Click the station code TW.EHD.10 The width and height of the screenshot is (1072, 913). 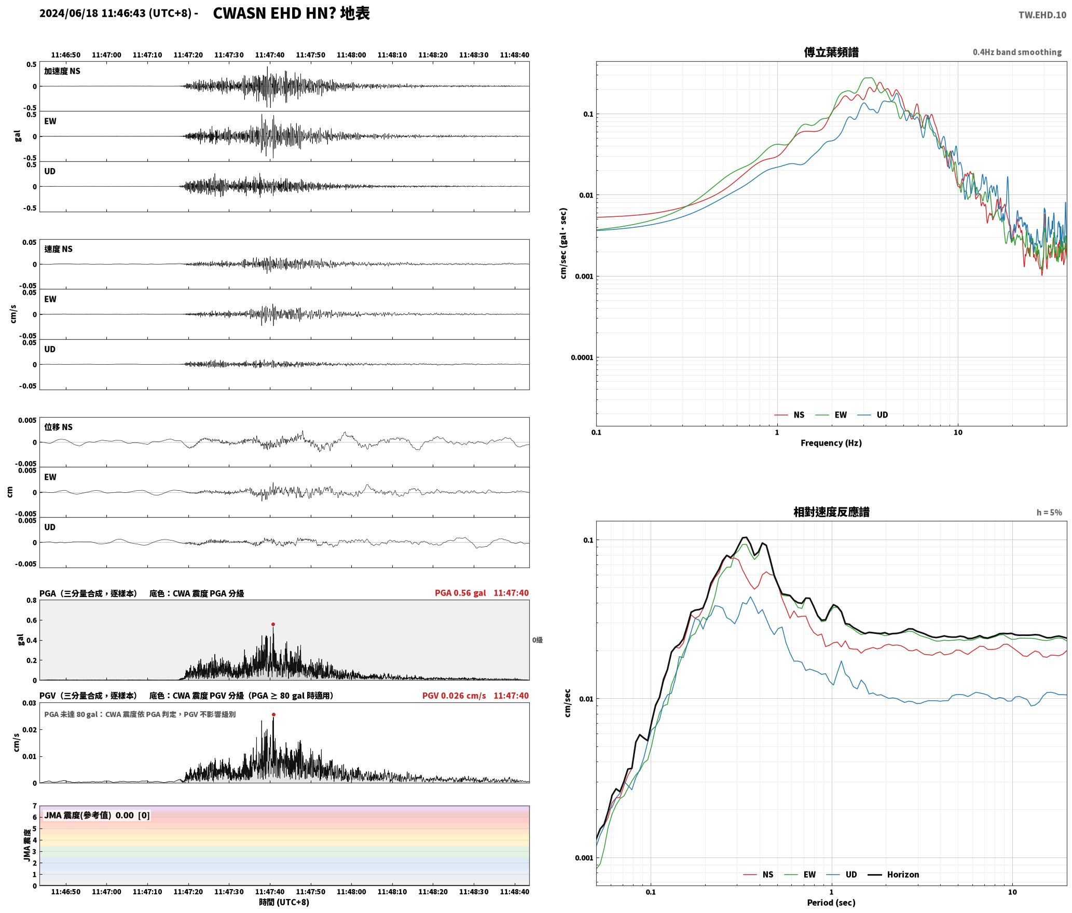pyautogui.click(x=1042, y=15)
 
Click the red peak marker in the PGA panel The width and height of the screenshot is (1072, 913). pyautogui.click(x=273, y=625)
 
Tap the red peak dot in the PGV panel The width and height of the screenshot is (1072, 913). pyautogui.click(x=273, y=715)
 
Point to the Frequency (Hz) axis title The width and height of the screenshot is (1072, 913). pyautogui.click(x=831, y=443)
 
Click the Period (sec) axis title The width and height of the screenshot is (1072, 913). pyautogui.click(x=831, y=903)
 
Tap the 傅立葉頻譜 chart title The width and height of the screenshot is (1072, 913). pyautogui.click(x=831, y=52)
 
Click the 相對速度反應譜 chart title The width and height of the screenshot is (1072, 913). pyautogui.click(x=831, y=512)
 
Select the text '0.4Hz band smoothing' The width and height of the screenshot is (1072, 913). pyautogui.click(x=1017, y=52)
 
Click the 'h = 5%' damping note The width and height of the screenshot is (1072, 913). pyautogui.click(x=1049, y=513)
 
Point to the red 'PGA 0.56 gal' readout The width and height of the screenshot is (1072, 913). pyautogui.click(x=460, y=593)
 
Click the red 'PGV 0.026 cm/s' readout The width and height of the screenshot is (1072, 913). pyautogui.click(x=454, y=696)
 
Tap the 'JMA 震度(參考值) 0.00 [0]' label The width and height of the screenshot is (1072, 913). pyautogui.click(x=97, y=815)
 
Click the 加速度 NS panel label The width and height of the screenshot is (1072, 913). pyautogui.click(x=62, y=72)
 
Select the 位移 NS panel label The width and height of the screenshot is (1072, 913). pyautogui.click(x=58, y=427)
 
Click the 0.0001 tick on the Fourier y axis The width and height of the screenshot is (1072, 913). pyautogui.click(x=581, y=358)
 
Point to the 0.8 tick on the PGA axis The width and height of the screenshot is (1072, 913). pyautogui.click(x=31, y=601)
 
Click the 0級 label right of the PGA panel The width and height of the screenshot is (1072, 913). pyautogui.click(x=538, y=640)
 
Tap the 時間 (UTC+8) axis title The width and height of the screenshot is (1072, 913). pyautogui.click(x=284, y=903)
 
